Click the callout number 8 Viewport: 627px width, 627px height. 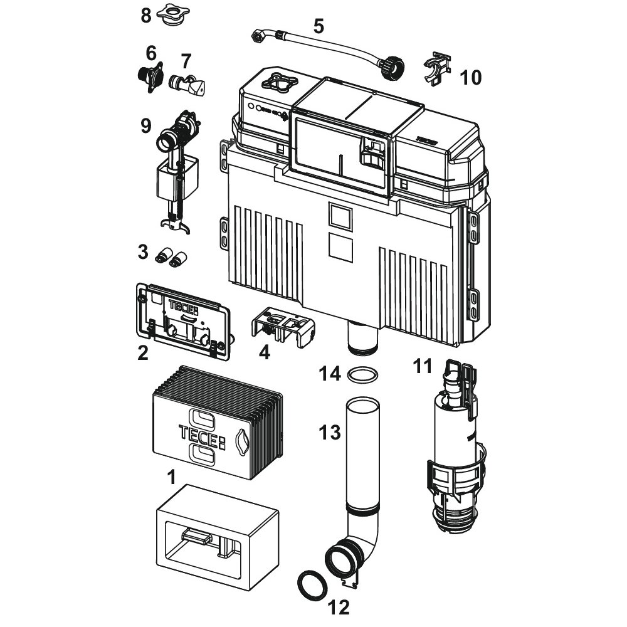click(146, 15)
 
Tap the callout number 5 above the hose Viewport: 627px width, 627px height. click(319, 26)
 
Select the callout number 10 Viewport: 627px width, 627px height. click(471, 78)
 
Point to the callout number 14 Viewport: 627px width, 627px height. click(330, 374)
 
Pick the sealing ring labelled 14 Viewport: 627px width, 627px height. click(363, 376)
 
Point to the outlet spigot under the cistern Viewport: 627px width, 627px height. click(363, 340)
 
